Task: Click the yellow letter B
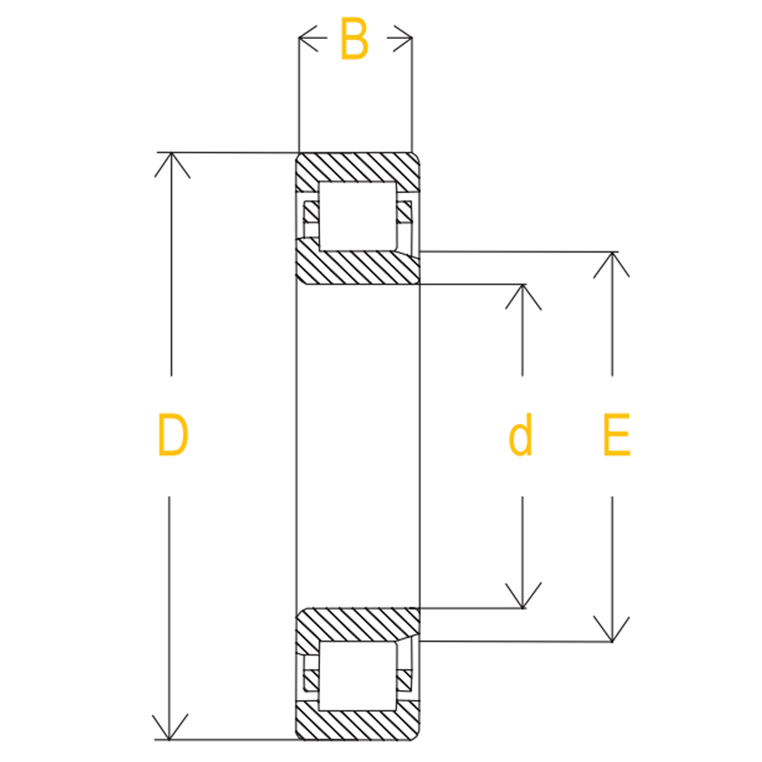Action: (354, 39)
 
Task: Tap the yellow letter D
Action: (173, 434)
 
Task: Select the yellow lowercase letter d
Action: (521, 434)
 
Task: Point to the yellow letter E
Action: (616, 434)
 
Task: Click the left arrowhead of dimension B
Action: (308, 38)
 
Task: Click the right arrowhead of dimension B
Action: (403, 38)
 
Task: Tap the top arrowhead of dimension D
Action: (172, 165)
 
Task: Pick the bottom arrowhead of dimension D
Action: (169, 727)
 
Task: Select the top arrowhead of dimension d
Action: (523, 297)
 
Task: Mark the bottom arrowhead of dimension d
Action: (523, 595)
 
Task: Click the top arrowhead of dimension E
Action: (611, 265)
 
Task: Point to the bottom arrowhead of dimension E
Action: (611, 629)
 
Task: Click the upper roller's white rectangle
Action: (357, 216)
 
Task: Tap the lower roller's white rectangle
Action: (357, 676)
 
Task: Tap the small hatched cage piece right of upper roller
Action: (405, 212)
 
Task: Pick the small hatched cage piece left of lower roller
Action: (312, 680)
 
